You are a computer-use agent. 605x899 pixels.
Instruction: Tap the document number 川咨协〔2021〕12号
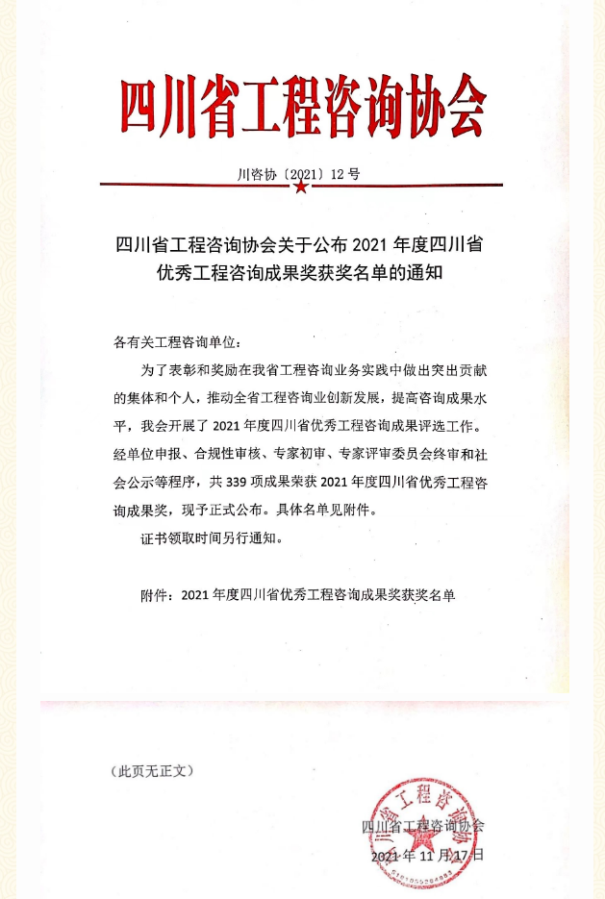point(298,174)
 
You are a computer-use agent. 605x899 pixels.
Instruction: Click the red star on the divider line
point(301,187)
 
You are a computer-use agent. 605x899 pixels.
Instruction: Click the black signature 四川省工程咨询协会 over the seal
point(423,826)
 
